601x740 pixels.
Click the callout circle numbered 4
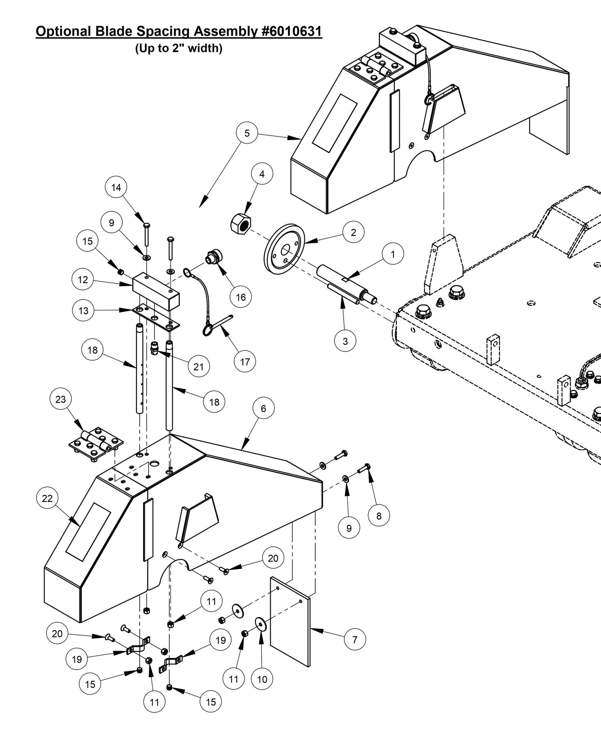tap(262, 174)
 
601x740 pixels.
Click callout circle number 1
tap(393, 253)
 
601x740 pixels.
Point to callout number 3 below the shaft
tap(345, 341)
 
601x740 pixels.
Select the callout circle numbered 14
tap(116, 188)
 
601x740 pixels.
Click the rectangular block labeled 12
tap(156, 292)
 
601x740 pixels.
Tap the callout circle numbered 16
tap(241, 297)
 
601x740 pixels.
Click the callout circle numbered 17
tap(245, 362)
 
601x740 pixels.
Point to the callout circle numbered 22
tap(47, 498)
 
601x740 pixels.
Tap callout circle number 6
tap(263, 408)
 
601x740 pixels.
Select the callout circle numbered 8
tap(378, 516)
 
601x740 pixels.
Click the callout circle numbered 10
tap(262, 679)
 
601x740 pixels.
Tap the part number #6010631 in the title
tap(292, 32)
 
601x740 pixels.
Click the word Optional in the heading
tap(63, 32)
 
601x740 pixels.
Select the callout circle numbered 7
tap(355, 639)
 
